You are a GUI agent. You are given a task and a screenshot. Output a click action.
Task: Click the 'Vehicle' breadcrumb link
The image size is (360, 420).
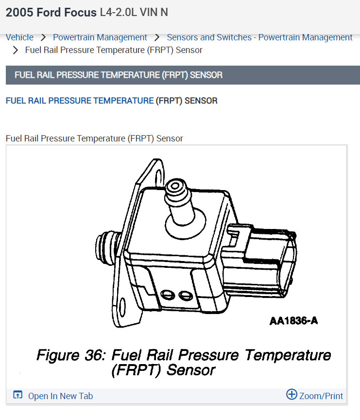[x=19, y=37]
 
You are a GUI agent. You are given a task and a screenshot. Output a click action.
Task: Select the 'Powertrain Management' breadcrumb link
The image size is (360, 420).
[x=100, y=37]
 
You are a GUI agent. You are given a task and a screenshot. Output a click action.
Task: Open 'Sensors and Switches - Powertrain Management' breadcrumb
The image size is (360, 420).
[x=259, y=37]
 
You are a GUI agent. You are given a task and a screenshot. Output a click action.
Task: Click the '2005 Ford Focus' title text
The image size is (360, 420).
[x=51, y=13]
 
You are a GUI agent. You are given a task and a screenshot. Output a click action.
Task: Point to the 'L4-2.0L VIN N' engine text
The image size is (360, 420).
[x=134, y=13]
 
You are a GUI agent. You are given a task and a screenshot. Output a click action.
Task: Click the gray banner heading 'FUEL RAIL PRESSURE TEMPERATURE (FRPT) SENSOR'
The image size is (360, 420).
[x=119, y=75]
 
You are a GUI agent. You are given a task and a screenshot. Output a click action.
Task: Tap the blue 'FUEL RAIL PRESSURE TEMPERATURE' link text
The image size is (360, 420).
[x=79, y=101]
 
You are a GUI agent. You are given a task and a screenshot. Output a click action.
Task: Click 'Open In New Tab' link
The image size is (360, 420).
[x=60, y=396]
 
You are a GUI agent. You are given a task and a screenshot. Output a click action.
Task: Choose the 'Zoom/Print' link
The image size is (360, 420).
[x=321, y=396]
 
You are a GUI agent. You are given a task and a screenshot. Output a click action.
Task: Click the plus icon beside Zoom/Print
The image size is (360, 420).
[x=291, y=394]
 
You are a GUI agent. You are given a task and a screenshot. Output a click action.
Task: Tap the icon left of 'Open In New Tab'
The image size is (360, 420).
[x=17, y=395]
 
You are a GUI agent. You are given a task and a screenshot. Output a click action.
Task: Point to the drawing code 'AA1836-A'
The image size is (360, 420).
[x=294, y=321]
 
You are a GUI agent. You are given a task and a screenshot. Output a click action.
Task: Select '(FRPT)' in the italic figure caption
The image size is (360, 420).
[x=137, y=370]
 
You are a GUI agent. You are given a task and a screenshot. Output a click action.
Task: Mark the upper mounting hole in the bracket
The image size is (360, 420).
[x=156, y=173]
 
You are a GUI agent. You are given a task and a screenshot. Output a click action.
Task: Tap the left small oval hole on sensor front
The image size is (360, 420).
[x=167, y=294]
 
